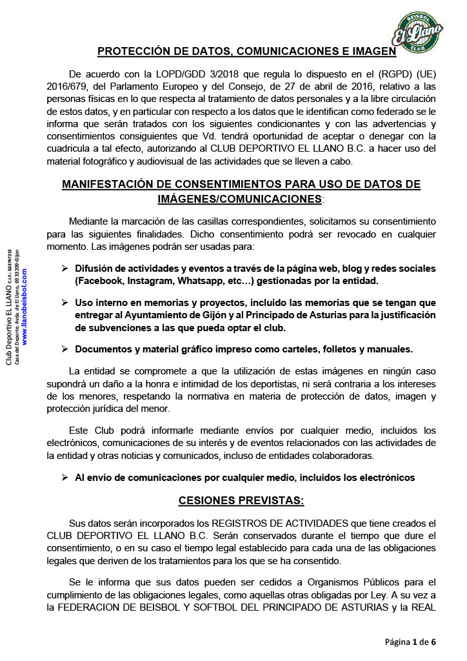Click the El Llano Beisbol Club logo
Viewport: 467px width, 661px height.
[417, 32]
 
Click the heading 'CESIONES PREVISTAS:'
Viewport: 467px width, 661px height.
[241, 500]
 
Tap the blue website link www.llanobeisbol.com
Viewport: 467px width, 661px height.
[25, 307]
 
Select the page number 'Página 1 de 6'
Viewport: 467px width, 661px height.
[411, 642]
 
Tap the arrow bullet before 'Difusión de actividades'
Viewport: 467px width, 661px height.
[65, 268]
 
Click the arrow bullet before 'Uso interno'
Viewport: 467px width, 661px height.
[65, 302]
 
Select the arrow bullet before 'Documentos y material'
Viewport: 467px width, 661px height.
[65, 349]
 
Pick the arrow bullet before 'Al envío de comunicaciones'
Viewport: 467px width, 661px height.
[65, 478]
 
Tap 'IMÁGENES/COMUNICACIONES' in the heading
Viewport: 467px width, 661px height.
[239, 199]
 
